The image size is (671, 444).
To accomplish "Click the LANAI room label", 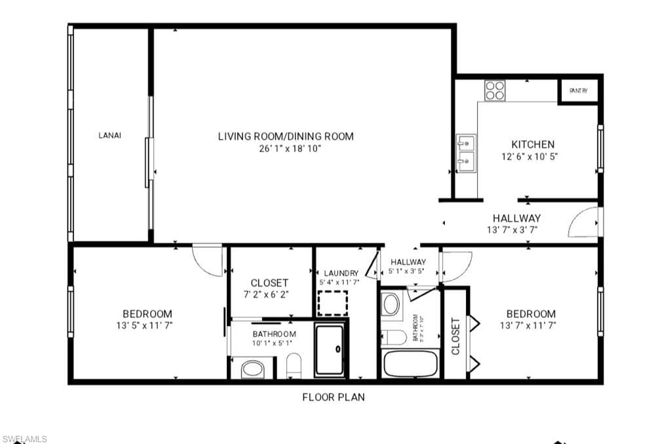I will [x=109, y=136].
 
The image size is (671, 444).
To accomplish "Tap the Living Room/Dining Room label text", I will [x=286, y=136].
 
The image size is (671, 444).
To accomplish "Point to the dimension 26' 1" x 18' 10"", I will [x=286, y=149].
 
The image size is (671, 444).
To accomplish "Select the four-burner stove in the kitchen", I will [x=495, y=90].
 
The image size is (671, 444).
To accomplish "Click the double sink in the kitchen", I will [x=466, y=151].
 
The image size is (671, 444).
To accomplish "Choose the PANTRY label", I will [x=578, y=91].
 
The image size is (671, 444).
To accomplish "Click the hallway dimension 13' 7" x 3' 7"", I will [x=516, y=230].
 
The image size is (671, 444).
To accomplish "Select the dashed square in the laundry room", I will [x=333, y=303].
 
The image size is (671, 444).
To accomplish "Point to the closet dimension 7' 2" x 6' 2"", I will [x=269, y=295].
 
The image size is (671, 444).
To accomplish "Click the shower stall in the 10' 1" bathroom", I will [x=330, y=351].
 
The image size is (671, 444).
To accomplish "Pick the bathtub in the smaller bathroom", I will [x=410, y=363].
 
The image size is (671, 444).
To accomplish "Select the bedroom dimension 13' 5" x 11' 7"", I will [x=147, y=325].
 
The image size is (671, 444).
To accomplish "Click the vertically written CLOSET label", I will [x=455, y=336].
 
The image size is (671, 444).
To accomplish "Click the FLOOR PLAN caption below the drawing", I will [x=333, y=397].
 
